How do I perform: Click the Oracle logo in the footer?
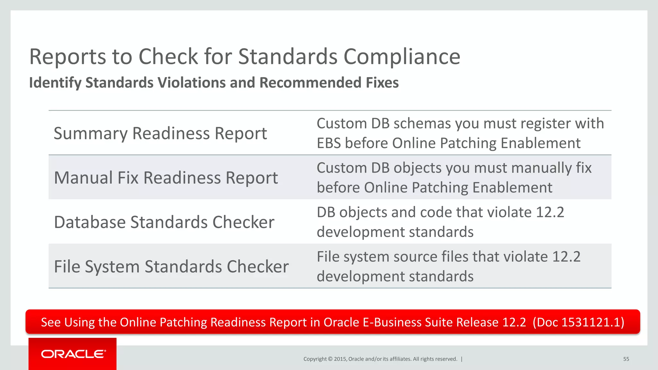point(73,354)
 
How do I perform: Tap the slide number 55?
point(626,359)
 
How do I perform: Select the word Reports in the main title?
point(67,57)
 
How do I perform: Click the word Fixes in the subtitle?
point(382,83)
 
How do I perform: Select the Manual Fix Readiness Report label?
point(166,178)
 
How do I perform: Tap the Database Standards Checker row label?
point(164,222)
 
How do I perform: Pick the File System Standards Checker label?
point(171,267)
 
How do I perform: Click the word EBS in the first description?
point(329,143)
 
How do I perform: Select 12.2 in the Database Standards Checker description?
point(550,212)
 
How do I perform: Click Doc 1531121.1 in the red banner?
point(578,322)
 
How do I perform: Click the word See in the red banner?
point(51,322)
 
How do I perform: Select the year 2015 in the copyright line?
point(340,359)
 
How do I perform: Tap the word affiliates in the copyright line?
point(400,359)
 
